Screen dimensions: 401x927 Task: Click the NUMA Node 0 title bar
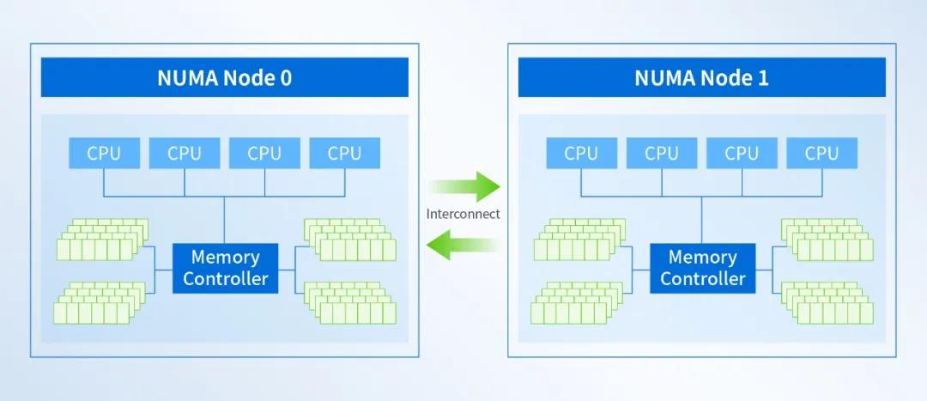(x=224, y=78)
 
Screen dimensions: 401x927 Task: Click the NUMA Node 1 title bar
(x=701, y=78)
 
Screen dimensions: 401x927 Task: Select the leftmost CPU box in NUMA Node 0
(x=104, y=154)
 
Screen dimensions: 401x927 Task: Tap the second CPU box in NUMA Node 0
(x=184, y=154)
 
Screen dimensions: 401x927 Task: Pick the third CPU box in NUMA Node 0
(x=264, y=154)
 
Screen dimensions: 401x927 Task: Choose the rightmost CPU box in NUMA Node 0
(x=344, y=154)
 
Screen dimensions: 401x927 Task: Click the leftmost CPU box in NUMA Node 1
(x=581, y=154)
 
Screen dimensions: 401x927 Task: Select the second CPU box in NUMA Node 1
(x=661, y=154)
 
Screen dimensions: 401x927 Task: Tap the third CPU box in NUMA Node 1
(x=742, y=154)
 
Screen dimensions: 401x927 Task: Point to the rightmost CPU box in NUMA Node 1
(x=821, y=154)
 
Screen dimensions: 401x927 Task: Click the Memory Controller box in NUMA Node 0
(x=226, y=268)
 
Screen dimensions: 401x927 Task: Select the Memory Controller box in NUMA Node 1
(x=703, y=268)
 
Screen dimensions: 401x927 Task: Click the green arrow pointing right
(x=464, y=185)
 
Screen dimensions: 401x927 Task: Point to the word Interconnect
(x=463, y=214)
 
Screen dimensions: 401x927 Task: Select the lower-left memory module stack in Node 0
(x=97, y=301)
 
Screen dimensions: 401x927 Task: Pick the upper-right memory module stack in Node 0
(x=350, y=240)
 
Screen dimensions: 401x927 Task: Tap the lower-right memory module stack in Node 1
(x=827, y=301)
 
